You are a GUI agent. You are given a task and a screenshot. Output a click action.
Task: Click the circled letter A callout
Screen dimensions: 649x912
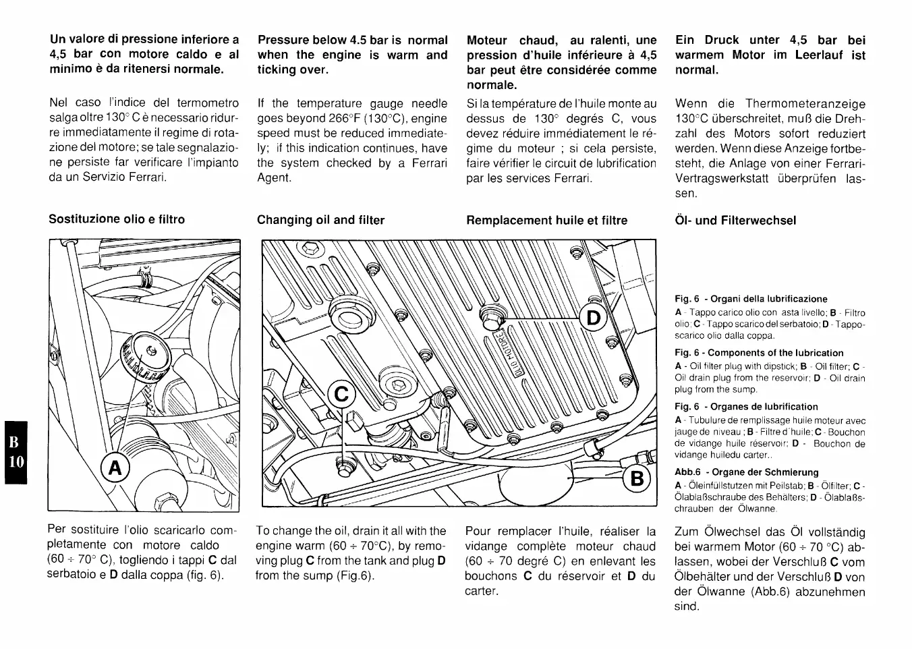click(115, 469)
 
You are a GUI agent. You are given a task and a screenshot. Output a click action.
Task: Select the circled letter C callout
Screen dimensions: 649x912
click(341, 393)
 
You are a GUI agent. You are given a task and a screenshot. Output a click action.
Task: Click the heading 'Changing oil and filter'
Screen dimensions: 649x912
click(320, 220)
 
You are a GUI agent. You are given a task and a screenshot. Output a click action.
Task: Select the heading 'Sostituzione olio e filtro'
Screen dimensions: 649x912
click(117, 219)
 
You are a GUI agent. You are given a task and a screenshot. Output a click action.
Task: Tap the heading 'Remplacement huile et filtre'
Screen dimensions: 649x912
click(546, 221)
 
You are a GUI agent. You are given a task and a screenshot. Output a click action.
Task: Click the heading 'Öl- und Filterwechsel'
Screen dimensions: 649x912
click(735, 221)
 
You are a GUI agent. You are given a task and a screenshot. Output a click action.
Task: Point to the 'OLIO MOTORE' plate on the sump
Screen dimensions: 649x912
click(511, 358)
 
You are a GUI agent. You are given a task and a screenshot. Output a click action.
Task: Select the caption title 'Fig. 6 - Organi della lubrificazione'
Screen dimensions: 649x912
click(751, 299)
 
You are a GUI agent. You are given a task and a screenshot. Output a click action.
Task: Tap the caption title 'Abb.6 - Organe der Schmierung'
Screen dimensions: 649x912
click(747, 472)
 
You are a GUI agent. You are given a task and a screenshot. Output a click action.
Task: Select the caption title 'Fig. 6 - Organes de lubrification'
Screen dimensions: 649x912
click(746, 407)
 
